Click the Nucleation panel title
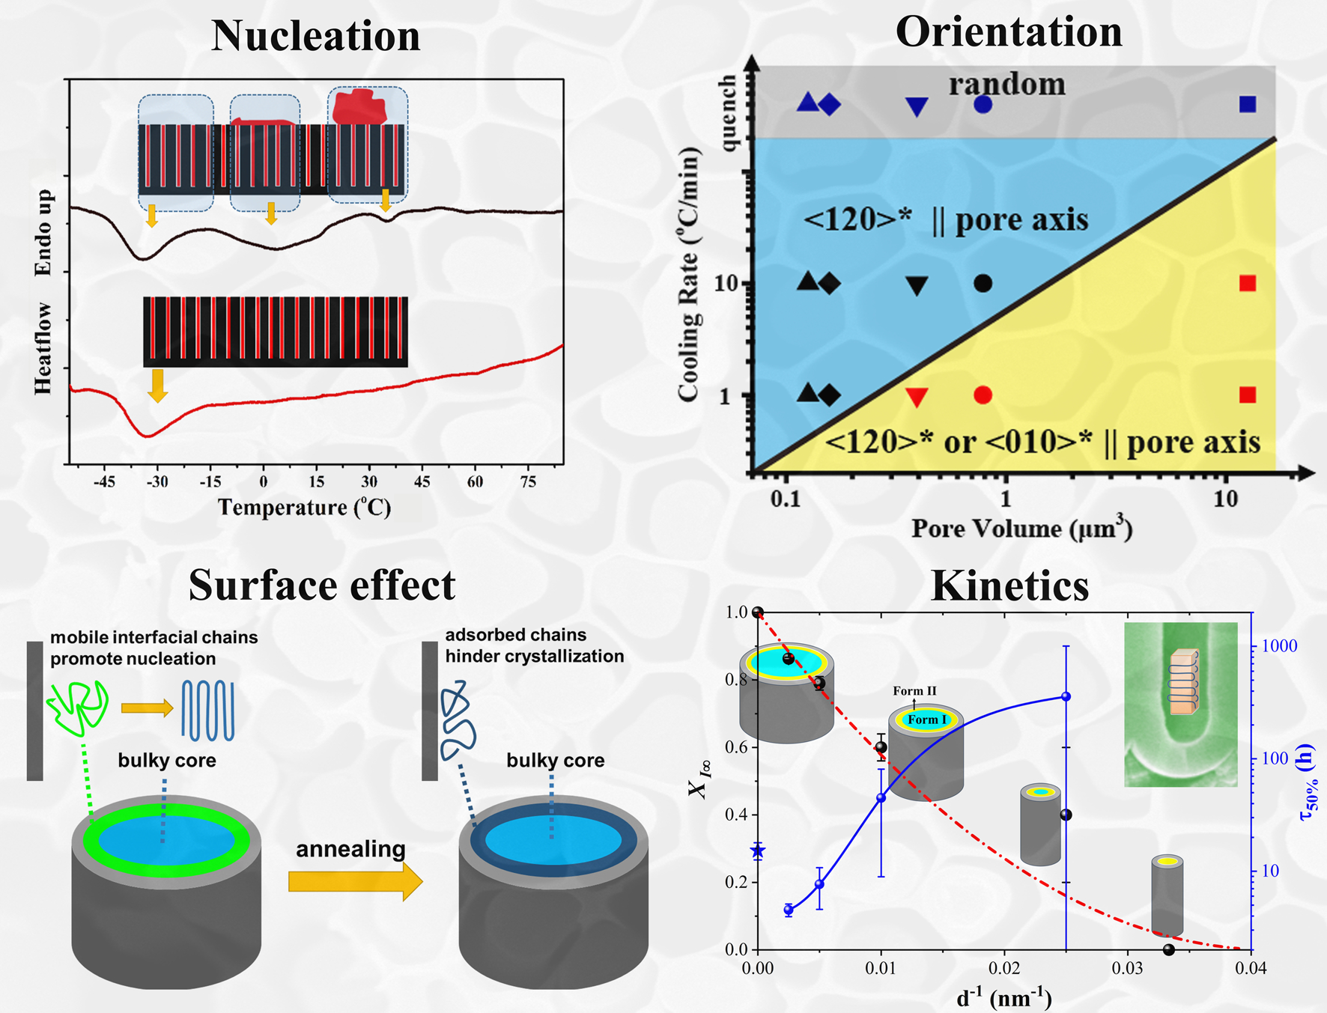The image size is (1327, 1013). [315, 36]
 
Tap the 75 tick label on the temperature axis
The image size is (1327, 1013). [528, 481]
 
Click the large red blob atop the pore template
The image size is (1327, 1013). [359, 107]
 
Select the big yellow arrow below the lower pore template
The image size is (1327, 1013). [157, 385]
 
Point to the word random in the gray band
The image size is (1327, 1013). [1007, 84]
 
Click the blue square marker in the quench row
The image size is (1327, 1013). [1247, 104]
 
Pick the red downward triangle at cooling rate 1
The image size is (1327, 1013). [917, 397]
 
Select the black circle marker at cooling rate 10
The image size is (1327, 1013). [983, 284]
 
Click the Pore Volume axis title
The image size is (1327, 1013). [1021, 529]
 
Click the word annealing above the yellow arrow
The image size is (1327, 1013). [350, 849]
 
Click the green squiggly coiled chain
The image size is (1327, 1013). [78, 706]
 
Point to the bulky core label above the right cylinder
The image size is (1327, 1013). [555, 761]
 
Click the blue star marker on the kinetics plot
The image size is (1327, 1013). [758, 851]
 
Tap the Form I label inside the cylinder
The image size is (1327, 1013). [927, 720]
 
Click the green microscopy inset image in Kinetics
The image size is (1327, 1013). [1180, 704]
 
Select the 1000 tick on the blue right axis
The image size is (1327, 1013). [1279, 646]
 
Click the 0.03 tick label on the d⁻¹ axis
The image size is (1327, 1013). [1127, 969]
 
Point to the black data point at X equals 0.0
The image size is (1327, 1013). [1169, 950]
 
